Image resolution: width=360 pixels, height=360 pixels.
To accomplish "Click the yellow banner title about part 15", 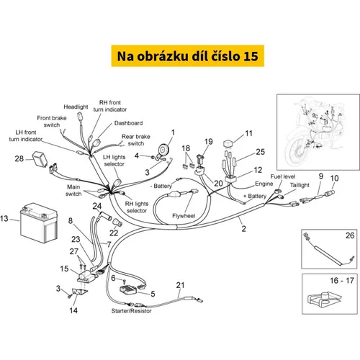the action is [187, 55].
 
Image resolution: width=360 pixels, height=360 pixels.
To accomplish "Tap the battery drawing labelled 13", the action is [39, 222].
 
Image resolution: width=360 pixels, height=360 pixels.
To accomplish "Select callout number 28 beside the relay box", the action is [19, 158].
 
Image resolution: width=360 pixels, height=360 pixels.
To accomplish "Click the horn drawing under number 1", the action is [163, 150].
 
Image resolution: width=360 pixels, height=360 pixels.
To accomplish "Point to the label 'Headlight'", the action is [76, 107].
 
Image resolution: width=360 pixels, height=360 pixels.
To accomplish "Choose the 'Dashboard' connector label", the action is [128, 123].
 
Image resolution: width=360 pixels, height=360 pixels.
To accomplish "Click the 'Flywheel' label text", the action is [184, 216].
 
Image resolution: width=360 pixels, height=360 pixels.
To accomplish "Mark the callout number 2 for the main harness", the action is [243, 228].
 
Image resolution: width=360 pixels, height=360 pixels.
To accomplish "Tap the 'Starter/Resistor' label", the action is [131, 311].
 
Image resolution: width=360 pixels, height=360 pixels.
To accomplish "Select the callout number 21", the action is [180, 285].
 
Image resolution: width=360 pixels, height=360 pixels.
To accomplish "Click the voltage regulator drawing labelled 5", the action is [128, 289].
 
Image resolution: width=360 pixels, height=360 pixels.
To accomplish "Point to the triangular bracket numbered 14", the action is [80, 292].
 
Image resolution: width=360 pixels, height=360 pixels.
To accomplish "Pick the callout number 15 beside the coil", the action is [64, 269].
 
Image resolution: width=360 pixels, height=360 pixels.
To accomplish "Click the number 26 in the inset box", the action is [350, 235].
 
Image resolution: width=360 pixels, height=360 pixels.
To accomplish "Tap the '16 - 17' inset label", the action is [342, 280].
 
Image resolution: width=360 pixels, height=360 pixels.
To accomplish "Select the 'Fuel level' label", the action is [283, 176].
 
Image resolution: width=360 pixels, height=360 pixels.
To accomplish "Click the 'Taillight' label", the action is [300, 185].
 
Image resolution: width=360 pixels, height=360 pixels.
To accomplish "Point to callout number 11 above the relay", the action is [248, 133].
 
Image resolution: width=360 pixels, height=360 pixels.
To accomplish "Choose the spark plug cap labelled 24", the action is [105, 215].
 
